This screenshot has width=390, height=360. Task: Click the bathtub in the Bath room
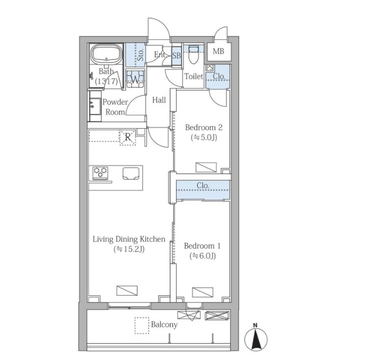click(x=106, y=55)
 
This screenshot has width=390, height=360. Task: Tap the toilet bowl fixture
click(x=193, y=55)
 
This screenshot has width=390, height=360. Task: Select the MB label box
click(x=218, y=51)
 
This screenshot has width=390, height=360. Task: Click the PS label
click(x=209, y=67)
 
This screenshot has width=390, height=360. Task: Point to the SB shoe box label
click(x=176, y=55)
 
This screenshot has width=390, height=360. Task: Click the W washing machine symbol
click(x=135, y=79)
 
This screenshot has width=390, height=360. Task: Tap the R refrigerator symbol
click(x=128, y=137)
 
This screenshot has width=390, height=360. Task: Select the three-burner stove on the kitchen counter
click(x=100, y=173)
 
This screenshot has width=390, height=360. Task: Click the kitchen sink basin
click(x=131, y=173)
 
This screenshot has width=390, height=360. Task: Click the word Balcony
click(x=164, y=325)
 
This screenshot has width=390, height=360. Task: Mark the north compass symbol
click(x=256, y=338)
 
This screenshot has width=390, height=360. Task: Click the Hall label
click(x=159, y=100)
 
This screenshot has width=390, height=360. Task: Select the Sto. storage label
click(x=140, y=55)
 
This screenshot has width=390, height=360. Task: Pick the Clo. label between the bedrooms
click(x=203, y=186)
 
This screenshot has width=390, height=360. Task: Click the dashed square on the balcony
click(x=142, y=326)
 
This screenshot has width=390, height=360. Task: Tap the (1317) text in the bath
click(x=106, y=82)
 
